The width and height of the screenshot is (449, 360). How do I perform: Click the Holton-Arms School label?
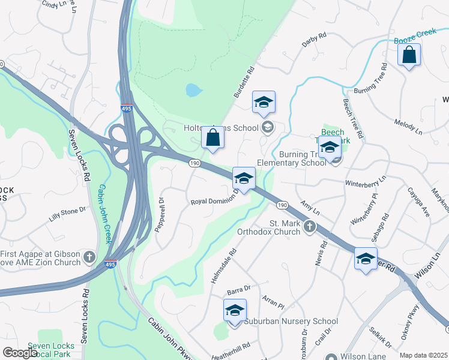tap(220, 127)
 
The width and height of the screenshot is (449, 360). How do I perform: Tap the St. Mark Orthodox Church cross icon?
tap(310, 226)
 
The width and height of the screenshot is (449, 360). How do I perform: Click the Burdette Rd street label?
tap(244, 83)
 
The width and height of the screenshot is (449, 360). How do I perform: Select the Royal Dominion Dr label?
tap(214, 202)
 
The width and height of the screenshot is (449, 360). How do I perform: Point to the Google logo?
tap(19, 353)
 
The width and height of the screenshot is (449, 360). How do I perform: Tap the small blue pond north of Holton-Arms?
tap(193, 91)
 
